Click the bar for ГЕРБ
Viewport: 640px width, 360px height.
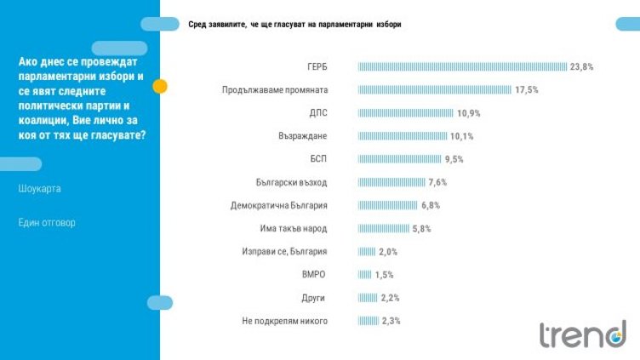pos(462,66)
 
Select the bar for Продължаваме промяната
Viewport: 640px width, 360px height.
pos(435,89)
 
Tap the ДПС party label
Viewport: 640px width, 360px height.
pos(317,112)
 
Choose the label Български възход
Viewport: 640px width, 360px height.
pos(291,182)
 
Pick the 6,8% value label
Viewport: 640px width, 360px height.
pos(432,205)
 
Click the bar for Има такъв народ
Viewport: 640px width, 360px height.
pos(384,228)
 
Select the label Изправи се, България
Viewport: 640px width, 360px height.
pos(285,252)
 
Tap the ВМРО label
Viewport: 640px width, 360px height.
pos(315,275)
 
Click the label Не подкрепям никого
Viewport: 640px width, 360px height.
pos(285,321)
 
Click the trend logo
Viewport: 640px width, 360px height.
pos(582,334)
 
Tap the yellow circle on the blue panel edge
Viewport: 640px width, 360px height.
pos(159,86)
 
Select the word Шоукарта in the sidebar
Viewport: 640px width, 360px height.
pos(39,188)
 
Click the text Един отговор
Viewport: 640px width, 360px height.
pos(47,223)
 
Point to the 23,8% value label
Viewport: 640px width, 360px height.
pos(582,66)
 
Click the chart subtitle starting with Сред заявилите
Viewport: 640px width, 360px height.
pos(294,25)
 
